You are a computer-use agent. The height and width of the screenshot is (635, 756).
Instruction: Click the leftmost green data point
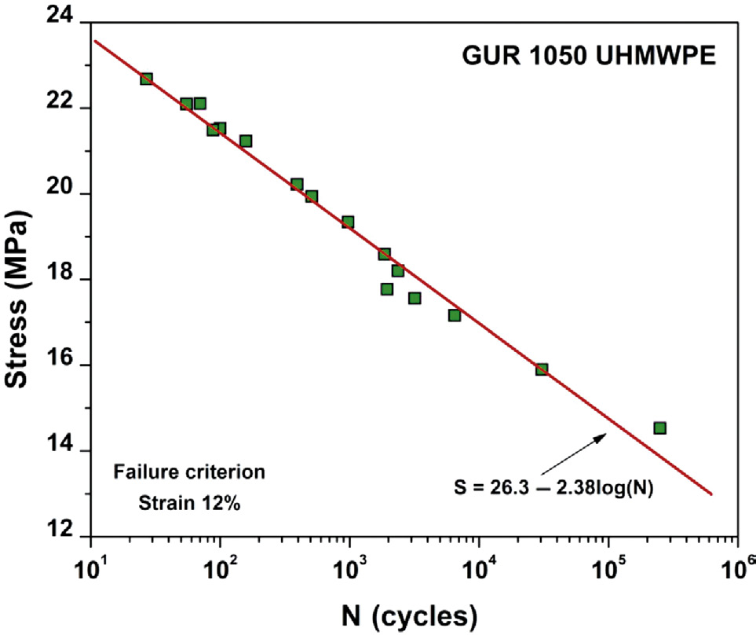tap(146, 79)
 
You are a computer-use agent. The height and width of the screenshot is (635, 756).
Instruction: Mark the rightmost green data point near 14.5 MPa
tap(659, 428)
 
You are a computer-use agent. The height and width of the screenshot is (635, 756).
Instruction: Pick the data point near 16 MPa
tap(541, 369)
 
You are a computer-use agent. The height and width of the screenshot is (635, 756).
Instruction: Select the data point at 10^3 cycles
tap(348, 222)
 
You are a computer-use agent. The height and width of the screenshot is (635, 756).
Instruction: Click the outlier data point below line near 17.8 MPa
tap(387, 289)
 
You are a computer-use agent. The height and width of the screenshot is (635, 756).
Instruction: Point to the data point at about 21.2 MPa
tap(246, 141)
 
